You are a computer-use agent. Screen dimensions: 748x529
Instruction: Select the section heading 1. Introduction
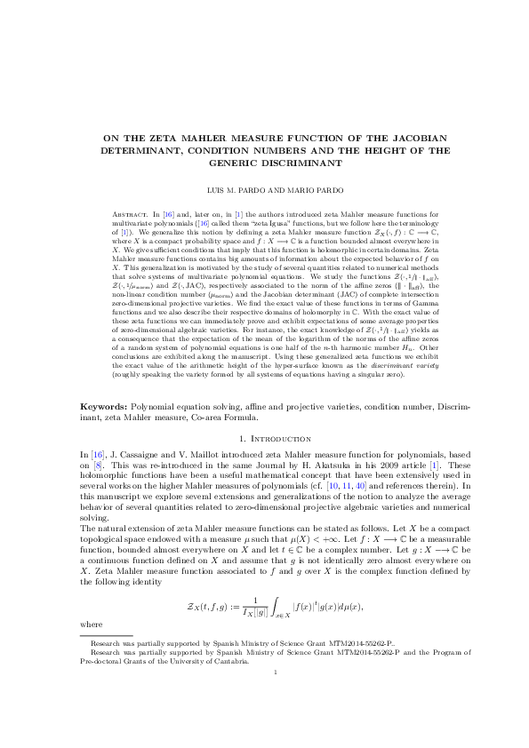click(x=264, y=439)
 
